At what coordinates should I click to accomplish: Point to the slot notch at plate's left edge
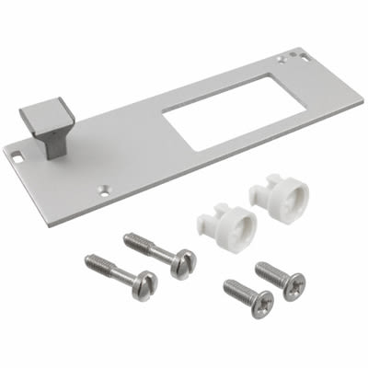[x=17, y=156]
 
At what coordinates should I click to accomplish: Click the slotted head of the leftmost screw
[x=144, y=285]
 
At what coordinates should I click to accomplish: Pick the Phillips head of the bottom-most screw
[x=261, y=303]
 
